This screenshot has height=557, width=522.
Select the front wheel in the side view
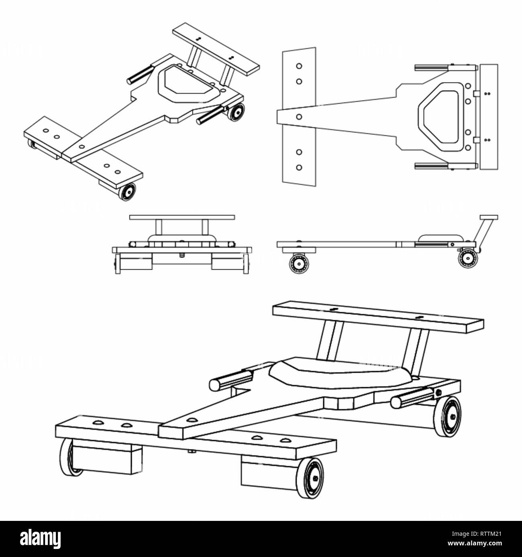click(x=299, y=264)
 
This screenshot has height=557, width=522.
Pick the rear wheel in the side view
click(x=468, y=258)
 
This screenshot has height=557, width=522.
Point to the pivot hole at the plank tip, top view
click(x=299, y=117)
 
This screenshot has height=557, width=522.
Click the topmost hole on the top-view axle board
click(x=299, y=66)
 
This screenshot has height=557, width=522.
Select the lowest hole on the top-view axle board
click(x=299, y=168)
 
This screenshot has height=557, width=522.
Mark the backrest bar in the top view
click(x=489, y=117)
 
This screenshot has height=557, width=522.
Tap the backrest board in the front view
click(x=182, y=218)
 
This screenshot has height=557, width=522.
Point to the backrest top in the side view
click(x=489, y=218)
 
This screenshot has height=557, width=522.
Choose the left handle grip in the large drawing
click(x=231, y=380)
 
